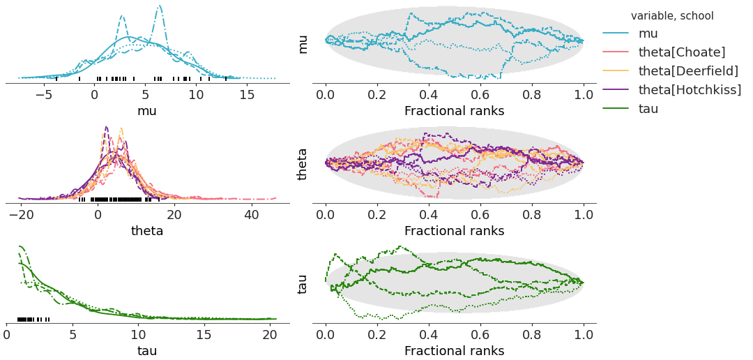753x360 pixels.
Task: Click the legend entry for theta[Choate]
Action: coord(682,52)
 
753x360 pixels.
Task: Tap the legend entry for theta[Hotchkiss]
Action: coord(690,90)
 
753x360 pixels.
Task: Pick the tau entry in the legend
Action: coord(648,109)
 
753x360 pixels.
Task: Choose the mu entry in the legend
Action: coord(648,33)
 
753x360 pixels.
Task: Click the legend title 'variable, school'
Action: coord(672,15)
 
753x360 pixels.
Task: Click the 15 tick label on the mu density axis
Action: coord(247,95)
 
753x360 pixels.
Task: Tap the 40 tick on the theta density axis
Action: coord(251,215)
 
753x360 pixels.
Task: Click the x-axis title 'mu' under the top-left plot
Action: coord(147,110)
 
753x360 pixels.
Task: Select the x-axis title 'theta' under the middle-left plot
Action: coord(147,230)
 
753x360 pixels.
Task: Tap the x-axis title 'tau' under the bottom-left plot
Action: coord(147,350)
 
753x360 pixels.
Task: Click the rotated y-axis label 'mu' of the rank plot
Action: coord(303,43)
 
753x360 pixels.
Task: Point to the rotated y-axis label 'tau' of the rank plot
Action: coord(303,283)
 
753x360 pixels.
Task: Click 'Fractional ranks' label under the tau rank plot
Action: coord(454,350)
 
